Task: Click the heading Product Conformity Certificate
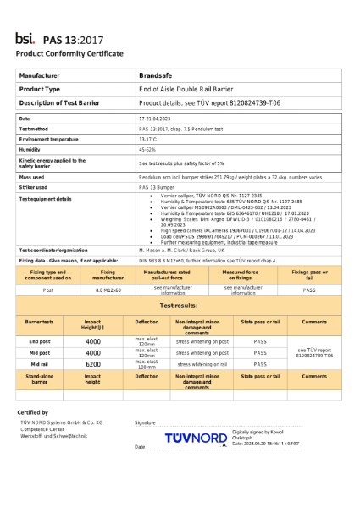tap(69, 53)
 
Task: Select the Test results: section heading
tap(180, 305)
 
